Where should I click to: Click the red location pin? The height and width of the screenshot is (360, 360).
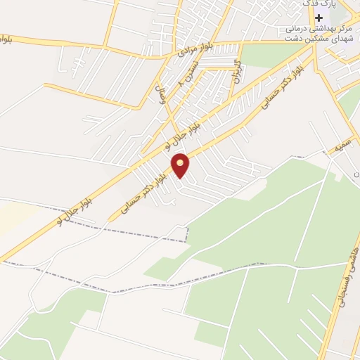(x=181, y=165)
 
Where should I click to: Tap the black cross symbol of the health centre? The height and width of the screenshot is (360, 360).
(x=319, y=17)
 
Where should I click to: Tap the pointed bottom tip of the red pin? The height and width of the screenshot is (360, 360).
(x=181, y=177)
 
